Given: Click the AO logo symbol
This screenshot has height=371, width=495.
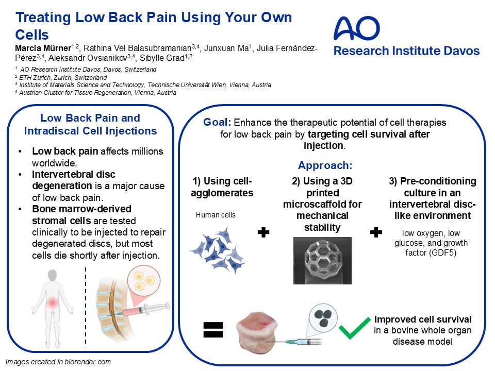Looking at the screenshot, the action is [x=357, y=28].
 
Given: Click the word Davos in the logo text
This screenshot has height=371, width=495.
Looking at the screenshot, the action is [x=461, y=51].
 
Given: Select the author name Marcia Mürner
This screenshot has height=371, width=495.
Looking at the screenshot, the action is [x=43, y=48].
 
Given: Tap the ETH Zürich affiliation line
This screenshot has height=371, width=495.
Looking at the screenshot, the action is [x=61, y=77].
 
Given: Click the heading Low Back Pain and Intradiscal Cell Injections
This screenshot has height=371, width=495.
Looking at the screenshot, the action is [x=90, y=124].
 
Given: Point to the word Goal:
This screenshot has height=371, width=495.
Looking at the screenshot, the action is [x=217, y=122].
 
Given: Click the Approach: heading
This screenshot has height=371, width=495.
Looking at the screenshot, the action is [x=325, y=165].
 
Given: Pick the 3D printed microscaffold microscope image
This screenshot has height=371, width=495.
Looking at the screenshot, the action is [x=322, y=261].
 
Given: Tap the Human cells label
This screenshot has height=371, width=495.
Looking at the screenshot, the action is [x=216, y=215].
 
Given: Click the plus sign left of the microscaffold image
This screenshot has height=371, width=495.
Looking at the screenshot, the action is [x=263, y=232].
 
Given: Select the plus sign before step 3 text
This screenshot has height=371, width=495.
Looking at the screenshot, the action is [x=376, y=232].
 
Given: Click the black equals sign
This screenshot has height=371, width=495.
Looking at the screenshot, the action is [x=213, y=330].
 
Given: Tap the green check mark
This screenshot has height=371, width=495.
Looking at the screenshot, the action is [x=354, y=328].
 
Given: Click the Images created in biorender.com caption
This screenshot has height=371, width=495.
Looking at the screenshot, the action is [x=58, y=362].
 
